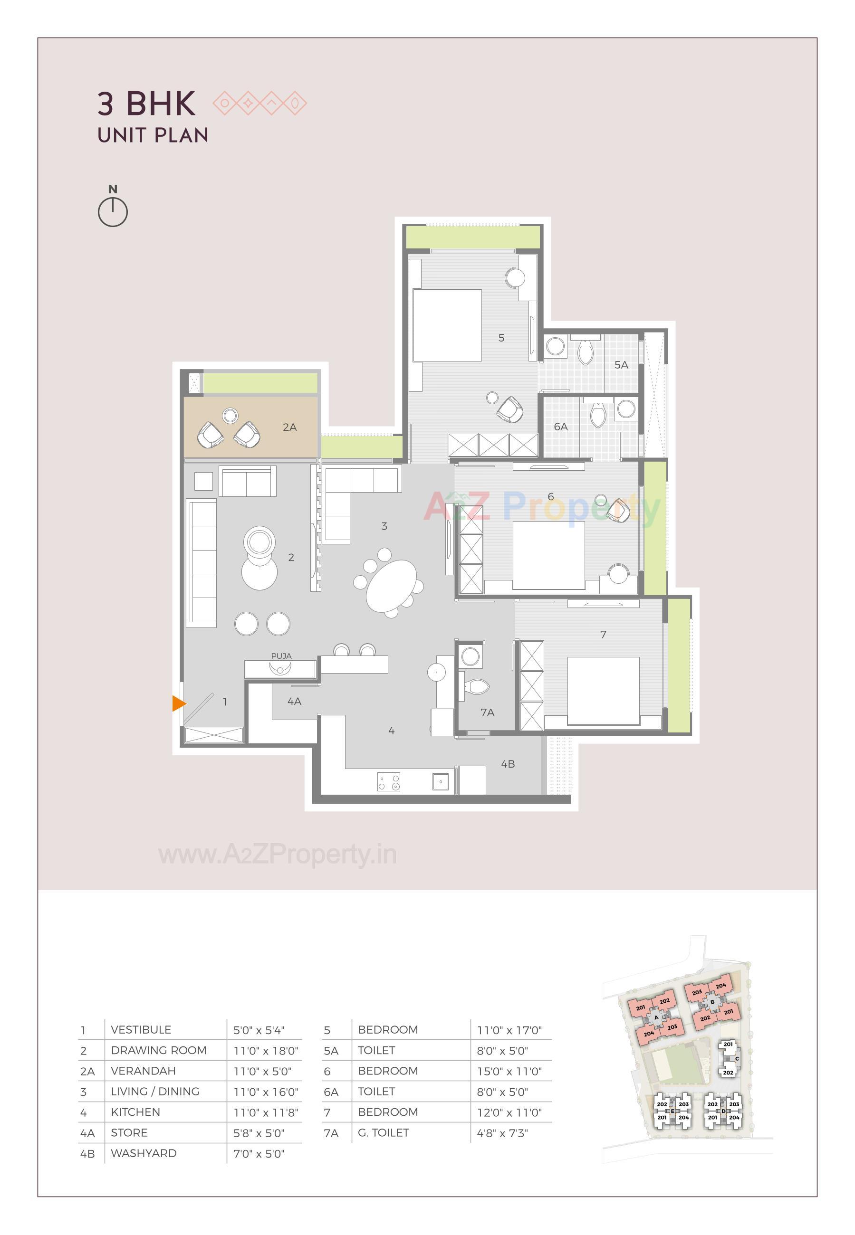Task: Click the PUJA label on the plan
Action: pos(281,656)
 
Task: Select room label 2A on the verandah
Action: pos(290,427)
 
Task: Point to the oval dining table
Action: pos(391,585)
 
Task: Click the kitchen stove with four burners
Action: pos(388,781)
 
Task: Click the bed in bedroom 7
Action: pos(603,691)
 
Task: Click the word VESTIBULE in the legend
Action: pos(141,1030)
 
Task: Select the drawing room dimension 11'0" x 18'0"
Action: pos(266,1051)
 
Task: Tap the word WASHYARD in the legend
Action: pos(144,1154)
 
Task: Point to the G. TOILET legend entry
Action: pos(384,1133)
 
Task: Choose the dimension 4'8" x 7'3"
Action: pos(502,1133)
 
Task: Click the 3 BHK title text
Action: pos(146,104)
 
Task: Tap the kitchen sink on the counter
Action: pos(441,781)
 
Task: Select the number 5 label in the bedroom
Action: pos(501,338)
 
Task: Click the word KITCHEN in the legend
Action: pos(135,1112)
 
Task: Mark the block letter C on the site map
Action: pos(737,1058)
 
